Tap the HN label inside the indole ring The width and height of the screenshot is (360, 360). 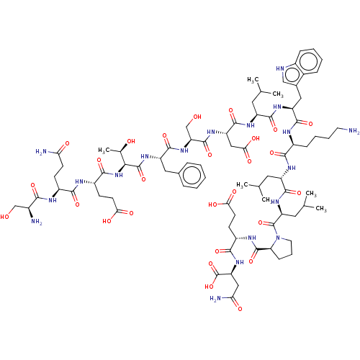280,68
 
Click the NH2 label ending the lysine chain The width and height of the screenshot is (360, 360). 354,131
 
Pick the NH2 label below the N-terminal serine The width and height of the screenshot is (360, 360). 37,222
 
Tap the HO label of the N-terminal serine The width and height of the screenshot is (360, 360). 4,217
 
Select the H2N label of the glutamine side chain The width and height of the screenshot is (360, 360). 41,152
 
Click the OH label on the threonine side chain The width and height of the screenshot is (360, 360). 131,141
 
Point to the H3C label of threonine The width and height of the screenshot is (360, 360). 102,150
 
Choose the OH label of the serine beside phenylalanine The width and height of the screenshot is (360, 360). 197,117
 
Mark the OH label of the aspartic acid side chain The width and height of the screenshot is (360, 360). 256,138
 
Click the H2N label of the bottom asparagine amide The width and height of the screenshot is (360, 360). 215,299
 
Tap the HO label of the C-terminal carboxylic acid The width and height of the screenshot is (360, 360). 210,287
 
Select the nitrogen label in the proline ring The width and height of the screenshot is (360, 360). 278,238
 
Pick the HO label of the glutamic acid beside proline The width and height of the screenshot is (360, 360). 213,204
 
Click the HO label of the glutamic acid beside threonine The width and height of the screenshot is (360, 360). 107,221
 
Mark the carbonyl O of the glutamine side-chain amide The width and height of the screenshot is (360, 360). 67,143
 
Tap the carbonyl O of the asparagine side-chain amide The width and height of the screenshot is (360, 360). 240,308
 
